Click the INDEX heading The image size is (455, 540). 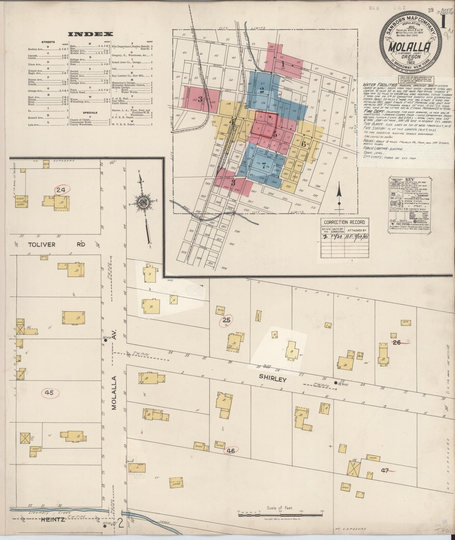coord(91,34)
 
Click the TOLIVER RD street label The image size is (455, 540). coord(56,244)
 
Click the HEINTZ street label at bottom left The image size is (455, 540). coord(52,519)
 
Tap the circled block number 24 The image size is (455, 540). coord(61,190)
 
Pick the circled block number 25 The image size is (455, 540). coord(226,320)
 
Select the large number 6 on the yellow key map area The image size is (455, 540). coord(303,144)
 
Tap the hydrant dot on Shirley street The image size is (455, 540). coord(335,383)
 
